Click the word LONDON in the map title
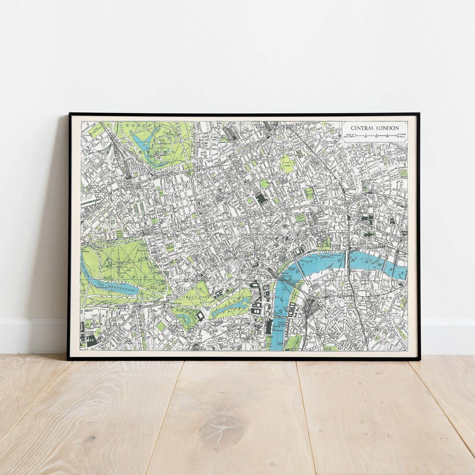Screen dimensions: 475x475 (387, 128)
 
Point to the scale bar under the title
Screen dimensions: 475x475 (376, 135)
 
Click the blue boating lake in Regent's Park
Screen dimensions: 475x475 (143, 145)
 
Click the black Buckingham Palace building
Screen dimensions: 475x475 (201, 315)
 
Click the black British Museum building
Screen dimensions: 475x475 (262, 198)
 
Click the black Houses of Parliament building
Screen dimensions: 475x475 (269, 326)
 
